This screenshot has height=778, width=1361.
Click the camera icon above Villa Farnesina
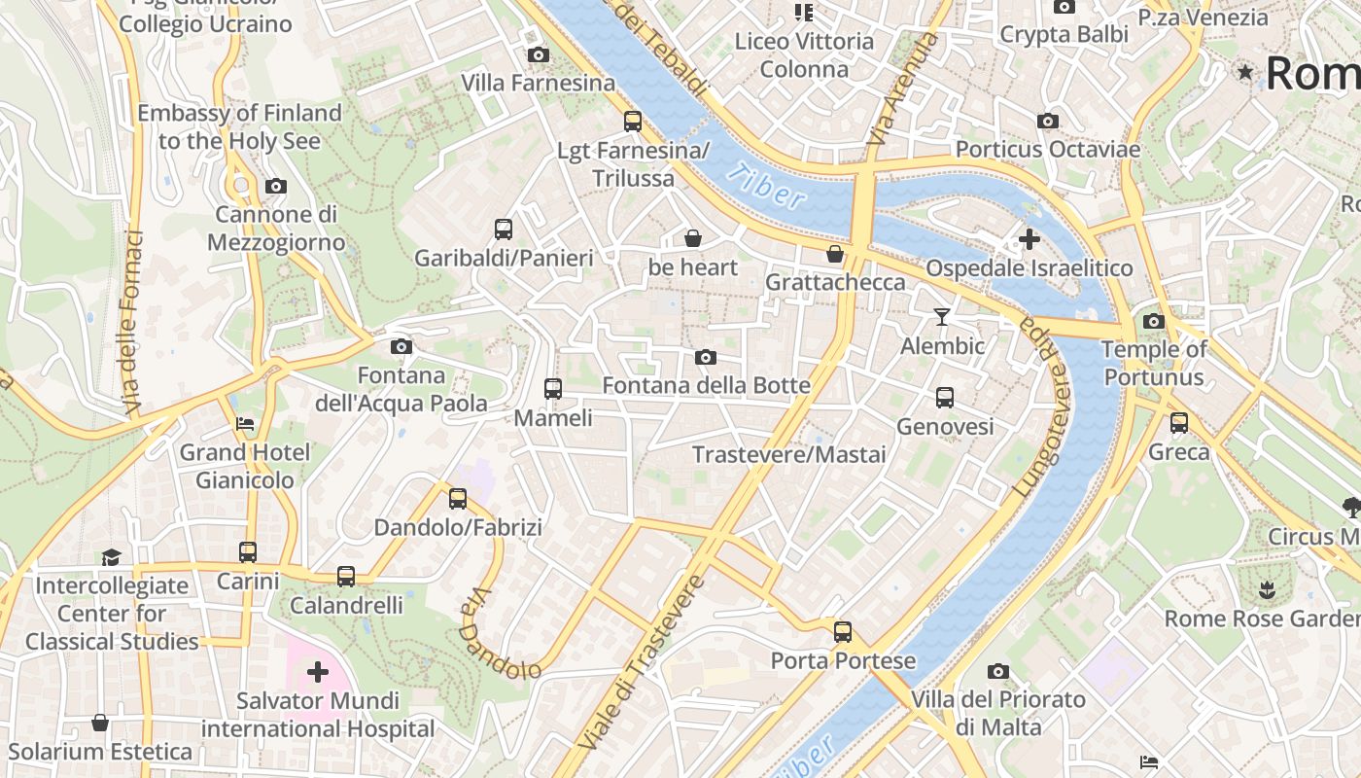coord(538,55)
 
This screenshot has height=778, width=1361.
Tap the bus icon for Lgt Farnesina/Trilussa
coord(633,122)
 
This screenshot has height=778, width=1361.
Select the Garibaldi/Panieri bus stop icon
coord(503,230)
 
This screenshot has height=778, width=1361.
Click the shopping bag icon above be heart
coord(693,238)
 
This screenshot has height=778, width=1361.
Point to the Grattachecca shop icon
coord(834,254)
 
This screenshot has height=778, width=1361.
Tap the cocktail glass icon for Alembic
coord(941,317)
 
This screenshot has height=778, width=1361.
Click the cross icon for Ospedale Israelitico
coord(1029,239)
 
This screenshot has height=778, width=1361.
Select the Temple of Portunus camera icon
coord(1154,321)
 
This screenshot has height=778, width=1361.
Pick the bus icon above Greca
coord(1179,423)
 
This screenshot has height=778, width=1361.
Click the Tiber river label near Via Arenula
coord(766,186)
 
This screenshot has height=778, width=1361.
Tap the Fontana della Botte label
coord(706,386)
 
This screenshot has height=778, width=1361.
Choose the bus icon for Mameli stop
coord(553,389)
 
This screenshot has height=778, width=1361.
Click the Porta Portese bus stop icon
coord(843,632)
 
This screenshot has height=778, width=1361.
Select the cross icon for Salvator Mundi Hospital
coord(318,671)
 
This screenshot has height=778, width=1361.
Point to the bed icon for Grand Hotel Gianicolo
coord(245,424)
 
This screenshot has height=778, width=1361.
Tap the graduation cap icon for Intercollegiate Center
coord(111,557)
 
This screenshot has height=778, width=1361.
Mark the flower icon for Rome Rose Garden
coord(1266,589)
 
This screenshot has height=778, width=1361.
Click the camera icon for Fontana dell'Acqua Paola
coord(401,346)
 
